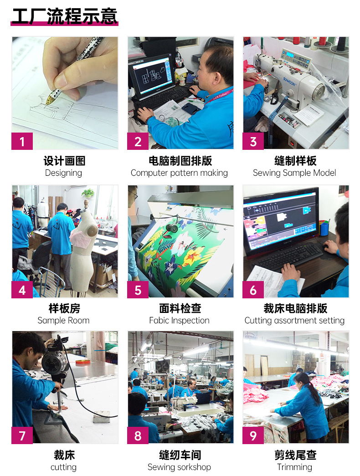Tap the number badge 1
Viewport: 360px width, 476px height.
(22, 142)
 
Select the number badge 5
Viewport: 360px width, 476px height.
(138, 290)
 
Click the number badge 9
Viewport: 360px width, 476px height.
(253, 436)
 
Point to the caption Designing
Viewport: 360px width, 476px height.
(63, 173)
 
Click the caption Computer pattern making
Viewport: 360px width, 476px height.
(179, 173)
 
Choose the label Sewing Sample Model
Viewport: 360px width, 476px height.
(294, 173)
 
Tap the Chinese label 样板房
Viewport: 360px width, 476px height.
(64, 308)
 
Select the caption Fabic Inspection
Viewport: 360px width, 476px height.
(179, 321)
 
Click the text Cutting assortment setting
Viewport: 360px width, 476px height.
(294, 321)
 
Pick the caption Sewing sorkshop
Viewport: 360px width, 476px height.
(179, 467)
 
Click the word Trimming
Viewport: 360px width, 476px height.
(294, 467)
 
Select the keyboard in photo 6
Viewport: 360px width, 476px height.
(287, 256)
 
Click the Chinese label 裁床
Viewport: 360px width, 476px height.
(64, 455)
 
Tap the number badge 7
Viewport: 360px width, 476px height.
(22, 436)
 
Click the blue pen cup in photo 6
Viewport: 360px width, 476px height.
(324, 227)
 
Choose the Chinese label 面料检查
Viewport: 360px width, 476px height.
(179, 308)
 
